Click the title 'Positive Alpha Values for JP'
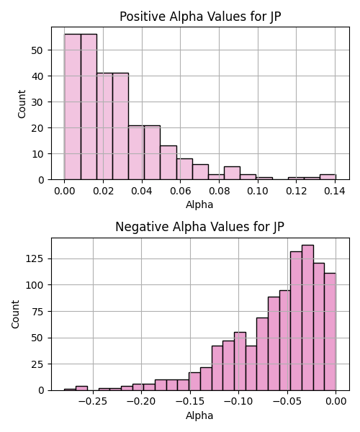200,17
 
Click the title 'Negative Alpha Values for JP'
199,227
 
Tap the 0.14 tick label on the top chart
335,191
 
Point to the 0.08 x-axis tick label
220,191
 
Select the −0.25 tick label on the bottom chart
93,402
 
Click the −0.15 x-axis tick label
190,402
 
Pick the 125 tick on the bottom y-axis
35,259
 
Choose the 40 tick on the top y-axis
37,76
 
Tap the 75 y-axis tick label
37,312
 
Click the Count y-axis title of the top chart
22,104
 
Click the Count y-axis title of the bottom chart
15,315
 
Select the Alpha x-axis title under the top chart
199,204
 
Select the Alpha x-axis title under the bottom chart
199,415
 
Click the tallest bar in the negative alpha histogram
307,318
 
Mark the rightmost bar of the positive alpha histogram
328,177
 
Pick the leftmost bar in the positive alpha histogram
73,107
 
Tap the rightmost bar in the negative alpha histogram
330,332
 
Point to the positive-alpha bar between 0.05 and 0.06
168,163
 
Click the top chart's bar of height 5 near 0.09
232,173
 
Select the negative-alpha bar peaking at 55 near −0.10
240,361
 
